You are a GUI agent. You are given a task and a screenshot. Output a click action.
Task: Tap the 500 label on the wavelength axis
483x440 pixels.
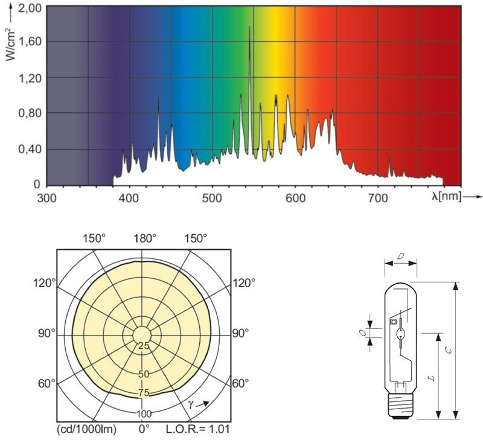click(212, 197)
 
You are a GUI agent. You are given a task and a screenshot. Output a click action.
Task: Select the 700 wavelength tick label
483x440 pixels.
click(378, 197)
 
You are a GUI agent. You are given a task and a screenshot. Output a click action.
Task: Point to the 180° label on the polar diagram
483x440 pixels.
click(144, 237)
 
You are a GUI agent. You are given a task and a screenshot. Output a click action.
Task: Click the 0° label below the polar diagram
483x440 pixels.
click(144, 429)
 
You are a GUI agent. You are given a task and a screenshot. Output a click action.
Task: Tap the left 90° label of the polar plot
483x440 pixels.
click(48, 333)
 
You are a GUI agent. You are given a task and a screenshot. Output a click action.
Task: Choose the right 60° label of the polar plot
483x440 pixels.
click(240, 383)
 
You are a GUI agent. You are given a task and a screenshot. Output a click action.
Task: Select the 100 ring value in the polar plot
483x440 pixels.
click(144, 414)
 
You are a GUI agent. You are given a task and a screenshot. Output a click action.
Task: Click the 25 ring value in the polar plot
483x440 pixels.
click(144, 346)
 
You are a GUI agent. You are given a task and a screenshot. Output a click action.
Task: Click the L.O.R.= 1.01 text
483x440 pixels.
click(197, 429)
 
